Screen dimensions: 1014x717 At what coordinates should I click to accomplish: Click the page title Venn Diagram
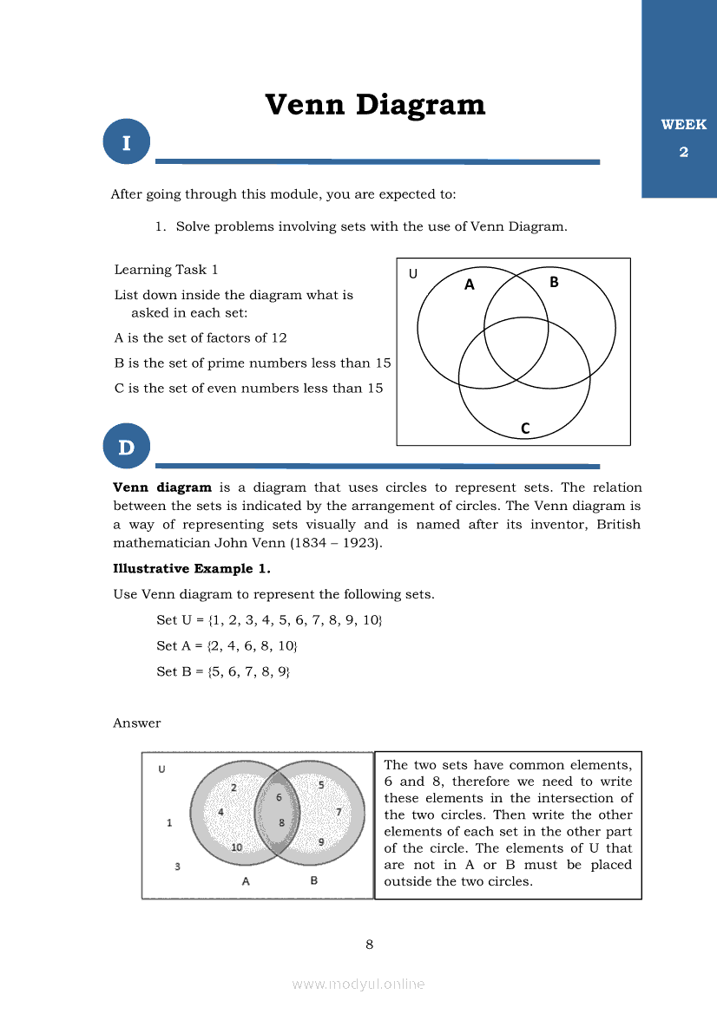click(x=375, y=105)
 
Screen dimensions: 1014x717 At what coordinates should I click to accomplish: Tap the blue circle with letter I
click(x=127, y=143)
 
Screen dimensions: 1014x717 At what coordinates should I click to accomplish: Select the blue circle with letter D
click(x=127, y=448)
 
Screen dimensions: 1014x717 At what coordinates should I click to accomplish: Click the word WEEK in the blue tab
click(x=683, y=125)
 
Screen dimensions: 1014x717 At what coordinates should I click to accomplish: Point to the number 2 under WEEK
click(x=683, y=153)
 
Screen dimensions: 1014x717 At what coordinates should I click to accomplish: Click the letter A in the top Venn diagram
click(x=470, y=285)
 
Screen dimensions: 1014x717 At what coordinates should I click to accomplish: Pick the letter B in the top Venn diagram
click(x=554, y=282)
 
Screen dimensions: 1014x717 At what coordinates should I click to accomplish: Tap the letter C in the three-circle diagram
click(x=525, y=428)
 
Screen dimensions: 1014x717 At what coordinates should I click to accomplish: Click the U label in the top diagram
click(x=412, y=274)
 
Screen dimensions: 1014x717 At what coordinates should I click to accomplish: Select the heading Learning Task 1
click(x=166, y=270)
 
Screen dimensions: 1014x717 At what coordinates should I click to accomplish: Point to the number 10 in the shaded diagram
click(x=236, y=847)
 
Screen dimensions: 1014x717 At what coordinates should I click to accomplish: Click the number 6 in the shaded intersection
click(x=279, y=797)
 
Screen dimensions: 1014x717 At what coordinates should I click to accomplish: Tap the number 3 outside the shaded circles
click(x=178, y=867)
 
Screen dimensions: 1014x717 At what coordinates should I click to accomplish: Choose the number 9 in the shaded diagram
click(x=320, y=841)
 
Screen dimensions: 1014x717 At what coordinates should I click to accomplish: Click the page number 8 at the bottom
click(x=370, y=945)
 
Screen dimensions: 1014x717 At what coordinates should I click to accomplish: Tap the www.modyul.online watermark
click(x=358, y=984)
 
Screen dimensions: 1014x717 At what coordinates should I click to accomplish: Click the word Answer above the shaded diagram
click(x=137, y=723)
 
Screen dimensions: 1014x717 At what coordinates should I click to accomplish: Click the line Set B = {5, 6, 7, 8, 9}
click(x=223, y=671)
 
